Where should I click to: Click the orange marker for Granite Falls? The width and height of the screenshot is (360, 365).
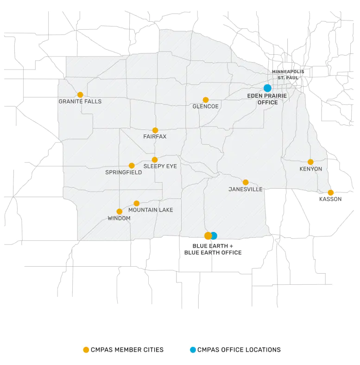click(x=80, y=95)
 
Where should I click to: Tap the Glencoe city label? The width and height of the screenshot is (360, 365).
click(x=205, y=106)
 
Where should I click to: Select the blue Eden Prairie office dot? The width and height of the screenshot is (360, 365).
click(x=267, y=88)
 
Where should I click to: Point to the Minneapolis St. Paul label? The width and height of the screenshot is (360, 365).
click(x=288, y=75)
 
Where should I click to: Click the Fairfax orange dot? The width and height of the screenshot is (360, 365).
click(x=155, y=130)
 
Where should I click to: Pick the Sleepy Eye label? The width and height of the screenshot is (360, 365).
click(x=160, y=166)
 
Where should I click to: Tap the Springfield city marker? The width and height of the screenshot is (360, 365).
click(x=132, y=166)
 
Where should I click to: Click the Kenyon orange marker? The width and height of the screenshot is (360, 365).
click(x=310, y=162)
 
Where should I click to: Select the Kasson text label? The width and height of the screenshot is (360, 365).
click(x=330, y=199)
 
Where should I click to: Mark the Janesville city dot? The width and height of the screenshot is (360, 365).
click(x=246, y=182)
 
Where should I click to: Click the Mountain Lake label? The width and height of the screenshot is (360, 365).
click(x=151, y=210)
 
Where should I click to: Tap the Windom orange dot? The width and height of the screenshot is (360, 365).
click(x=120, y=211)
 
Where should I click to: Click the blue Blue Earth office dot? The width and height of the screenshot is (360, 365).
click(x=214, y=236)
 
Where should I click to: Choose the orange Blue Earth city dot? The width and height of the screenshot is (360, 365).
click(x=208, y=236)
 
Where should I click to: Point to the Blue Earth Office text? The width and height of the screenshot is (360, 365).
click(x=213, y=253)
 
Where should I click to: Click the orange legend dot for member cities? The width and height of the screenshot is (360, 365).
click(x=86, y=350)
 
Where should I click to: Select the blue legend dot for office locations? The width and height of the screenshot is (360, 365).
click(x=193, y=350)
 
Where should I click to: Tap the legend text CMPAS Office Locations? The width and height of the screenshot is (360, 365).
click(x=239, y=350)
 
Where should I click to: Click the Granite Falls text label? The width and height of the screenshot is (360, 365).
click(x=80, y=102)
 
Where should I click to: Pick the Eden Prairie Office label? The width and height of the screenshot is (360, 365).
click(x=267, y=99)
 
